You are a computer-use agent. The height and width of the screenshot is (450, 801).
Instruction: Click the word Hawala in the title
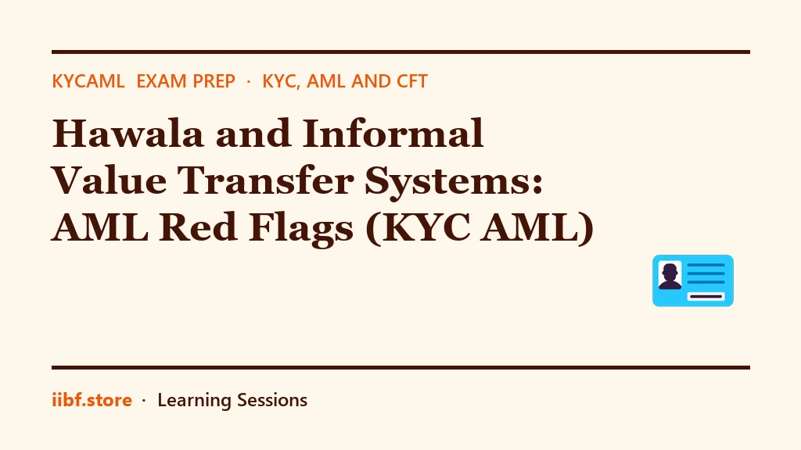128,133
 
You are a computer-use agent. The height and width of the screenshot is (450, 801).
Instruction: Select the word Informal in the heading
393,133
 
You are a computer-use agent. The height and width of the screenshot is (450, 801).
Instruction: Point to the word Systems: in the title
454,181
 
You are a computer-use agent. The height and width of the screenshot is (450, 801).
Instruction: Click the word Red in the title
198,227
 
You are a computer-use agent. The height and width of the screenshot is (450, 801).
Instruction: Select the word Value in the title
109,180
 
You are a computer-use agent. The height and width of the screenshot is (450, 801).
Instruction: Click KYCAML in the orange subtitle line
88,81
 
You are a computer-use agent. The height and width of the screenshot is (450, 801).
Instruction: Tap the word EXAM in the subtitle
156,81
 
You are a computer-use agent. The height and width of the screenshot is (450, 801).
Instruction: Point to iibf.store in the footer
92,399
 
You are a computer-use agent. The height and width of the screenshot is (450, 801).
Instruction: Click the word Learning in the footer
194,401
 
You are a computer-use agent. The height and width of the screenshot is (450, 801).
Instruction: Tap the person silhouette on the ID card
670,276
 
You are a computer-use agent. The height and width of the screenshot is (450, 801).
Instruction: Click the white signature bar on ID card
706,296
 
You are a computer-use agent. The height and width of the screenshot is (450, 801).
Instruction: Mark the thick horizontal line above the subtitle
401,52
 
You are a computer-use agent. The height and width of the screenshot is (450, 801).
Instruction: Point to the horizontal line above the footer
401,367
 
